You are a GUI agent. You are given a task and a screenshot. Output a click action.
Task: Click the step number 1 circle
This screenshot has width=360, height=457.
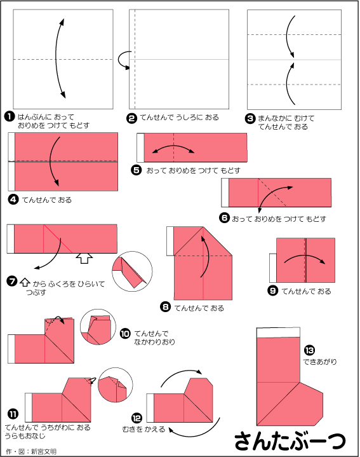click(x=10, y=117)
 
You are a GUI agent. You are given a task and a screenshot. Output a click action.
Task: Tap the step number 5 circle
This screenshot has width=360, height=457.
click(x=136, y=170)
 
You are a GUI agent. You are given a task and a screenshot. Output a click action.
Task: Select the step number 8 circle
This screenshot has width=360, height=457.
click(x=165, y=307)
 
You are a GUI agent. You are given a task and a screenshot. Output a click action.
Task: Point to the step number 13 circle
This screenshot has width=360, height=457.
click(x=309, y=350)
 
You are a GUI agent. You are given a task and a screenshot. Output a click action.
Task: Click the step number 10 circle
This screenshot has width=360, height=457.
click(x=125, y=334)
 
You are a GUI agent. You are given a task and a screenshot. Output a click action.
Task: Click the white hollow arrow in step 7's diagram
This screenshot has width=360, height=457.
click(x=84, y=258)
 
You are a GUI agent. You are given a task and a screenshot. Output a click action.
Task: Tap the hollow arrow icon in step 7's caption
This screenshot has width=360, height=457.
click(x=25, y=282)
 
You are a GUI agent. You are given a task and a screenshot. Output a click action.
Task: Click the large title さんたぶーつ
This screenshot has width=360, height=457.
click(x=290, y=440)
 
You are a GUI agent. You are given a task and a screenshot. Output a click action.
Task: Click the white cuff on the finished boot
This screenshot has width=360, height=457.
click(x=278, y=332)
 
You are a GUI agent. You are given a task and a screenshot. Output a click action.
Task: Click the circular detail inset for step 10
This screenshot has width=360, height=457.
click(x=98, y=327)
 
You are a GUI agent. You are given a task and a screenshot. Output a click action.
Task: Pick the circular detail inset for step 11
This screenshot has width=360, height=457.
click(x=116, y=385)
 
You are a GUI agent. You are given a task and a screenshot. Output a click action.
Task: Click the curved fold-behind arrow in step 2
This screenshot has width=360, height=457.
click(x=122, y=60)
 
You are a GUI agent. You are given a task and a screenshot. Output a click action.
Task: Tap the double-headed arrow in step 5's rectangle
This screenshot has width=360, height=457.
click(x=173, y=149)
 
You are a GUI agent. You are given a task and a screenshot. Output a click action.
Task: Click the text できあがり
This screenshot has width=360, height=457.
click(x=320, y=362)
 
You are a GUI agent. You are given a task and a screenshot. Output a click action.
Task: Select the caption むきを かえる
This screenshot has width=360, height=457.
click(x=143, y=429)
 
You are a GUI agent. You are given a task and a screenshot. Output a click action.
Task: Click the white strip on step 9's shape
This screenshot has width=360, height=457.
click(x=273, y=268)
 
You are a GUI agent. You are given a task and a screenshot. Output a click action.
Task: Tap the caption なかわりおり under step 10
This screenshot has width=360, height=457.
click(x=154, y=341)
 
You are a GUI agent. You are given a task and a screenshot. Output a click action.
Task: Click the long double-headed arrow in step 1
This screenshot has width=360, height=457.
click(x=56, y=58)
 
